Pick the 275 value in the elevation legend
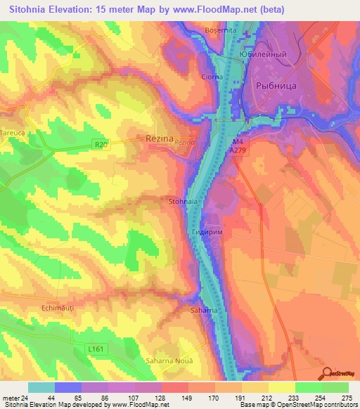coord(346,397)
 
